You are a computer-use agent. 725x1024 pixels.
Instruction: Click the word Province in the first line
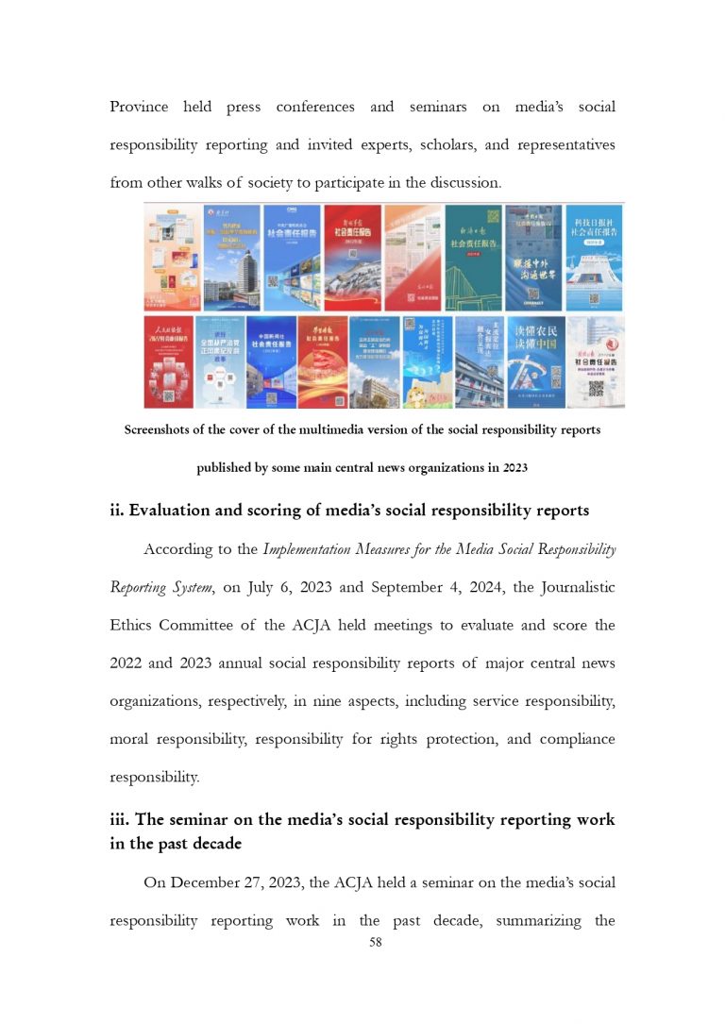tap(139, 107)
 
